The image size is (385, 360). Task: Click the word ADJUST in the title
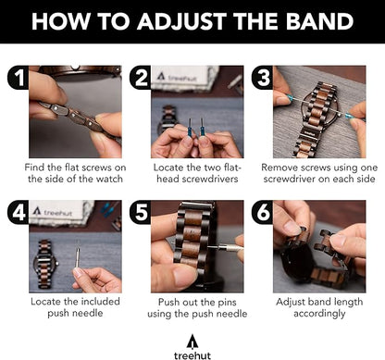182,21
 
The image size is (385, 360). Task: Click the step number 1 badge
19,78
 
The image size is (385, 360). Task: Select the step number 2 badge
141,78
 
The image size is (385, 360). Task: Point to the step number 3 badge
263,78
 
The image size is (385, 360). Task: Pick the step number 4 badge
19,212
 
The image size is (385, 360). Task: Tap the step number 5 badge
141,212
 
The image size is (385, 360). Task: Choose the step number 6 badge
263,212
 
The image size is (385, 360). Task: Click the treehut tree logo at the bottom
192,342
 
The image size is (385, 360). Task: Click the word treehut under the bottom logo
192,355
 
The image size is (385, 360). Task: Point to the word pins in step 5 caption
226,303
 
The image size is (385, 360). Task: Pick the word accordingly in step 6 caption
319,314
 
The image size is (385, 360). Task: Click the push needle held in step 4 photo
77,258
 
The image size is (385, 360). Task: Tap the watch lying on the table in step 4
44,264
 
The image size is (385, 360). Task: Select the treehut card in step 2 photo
183,77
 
